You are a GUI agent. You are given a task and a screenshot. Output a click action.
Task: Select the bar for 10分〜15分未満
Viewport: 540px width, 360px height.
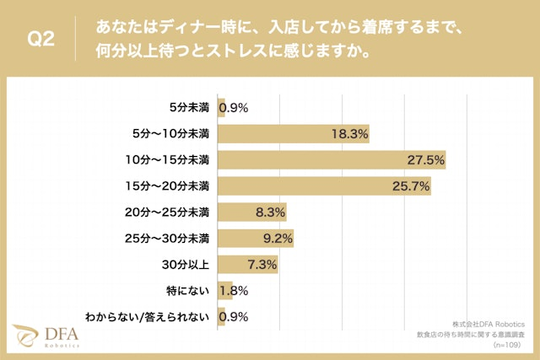(x=332, y=159)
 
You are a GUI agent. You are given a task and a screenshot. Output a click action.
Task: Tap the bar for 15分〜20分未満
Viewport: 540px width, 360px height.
(x=324, y=185)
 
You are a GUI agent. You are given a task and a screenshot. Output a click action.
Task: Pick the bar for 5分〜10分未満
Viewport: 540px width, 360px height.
(x=294, y=133)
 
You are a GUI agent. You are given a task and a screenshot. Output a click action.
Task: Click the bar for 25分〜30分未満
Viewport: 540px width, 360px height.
(x=256, y=238)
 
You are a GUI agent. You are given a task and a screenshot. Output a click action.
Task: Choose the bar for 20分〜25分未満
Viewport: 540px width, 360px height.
(x=252, y=212)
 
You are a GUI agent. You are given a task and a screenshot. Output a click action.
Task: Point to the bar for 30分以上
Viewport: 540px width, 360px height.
(x=248, y=264)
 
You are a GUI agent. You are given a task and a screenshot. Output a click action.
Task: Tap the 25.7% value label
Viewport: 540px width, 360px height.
(x=412, y=185)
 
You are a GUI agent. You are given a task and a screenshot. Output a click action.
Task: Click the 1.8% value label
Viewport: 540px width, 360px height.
(x=233, y=291)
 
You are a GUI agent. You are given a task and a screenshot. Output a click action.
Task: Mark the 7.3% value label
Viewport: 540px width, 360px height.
(x=262, y=264)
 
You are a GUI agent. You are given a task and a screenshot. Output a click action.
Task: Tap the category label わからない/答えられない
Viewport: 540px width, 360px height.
(x=159, y=317)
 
